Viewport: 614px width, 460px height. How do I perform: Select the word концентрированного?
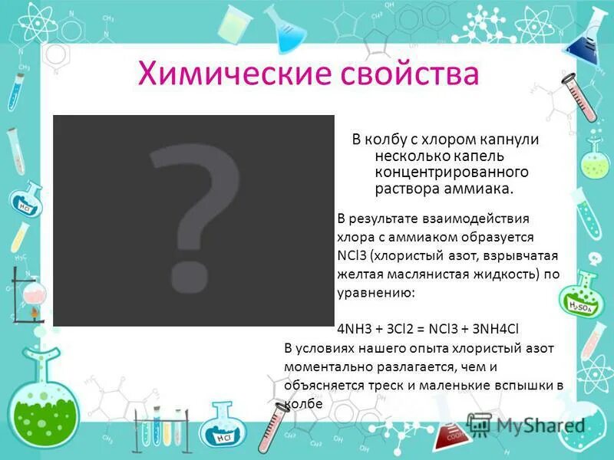(x=441, y=171)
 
